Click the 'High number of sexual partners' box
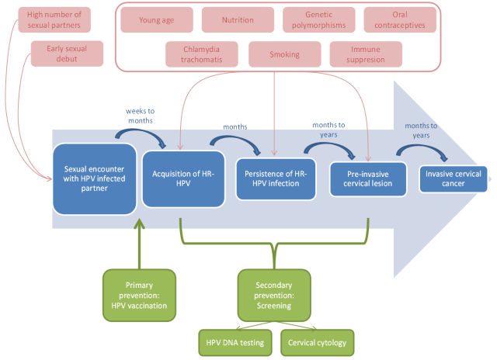pyautogui.click(x=54, y=20)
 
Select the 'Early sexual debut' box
pyautogui.click(x=67, y=54)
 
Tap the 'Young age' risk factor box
pyautogui.click(x=157, y=20)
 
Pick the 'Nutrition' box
pyautogui.click(x=238, y=20)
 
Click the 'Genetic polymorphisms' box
pyautogui.click(x=319, y=20)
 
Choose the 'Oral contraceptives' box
pyautogui.click(x=400, y=20)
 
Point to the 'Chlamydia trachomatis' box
pyautogui.click(x=202, y=54)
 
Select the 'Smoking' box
pyautogui.click(x=285, y=54)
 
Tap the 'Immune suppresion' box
pyautogui.click(x=366, y=54)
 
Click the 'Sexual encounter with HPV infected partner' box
pyautogui.click(x=95, y=179)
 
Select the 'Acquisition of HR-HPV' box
pyautogui.click(x=183, y=179)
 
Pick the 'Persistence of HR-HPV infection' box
pyautogui.click(x=276, y=179)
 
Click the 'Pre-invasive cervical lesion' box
pyautogui.click(x=368, y=179)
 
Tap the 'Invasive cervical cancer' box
pyautogui.click(x=454, y=179)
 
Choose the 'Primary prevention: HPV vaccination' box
pyautogui.click(x=139, y=296)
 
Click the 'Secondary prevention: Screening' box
pyautogui.click(x=274, y=296)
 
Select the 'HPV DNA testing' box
pyautogui.click(x=235, y=343)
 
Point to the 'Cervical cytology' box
pyautogui.click(x=318, y=343)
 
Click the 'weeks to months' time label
pyautogui.click(x=141, y=116)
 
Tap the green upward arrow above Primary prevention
pyautogui.click(x=139, y=244)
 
